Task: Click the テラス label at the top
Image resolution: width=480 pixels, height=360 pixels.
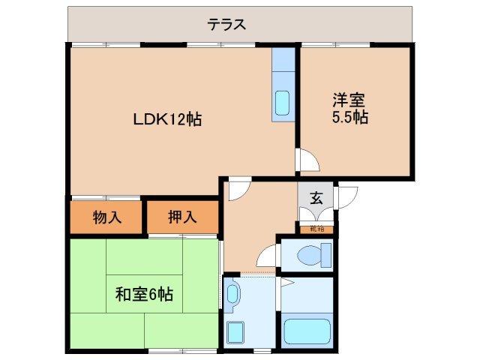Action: tap(226, 25)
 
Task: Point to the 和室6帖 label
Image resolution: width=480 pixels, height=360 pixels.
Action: tap(144, 295)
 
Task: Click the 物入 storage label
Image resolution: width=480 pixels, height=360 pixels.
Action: tap(106, 217)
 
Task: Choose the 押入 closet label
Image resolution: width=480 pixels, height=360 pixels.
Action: tap(182, 217)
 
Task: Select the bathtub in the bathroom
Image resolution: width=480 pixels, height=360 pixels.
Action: tap(305, 331)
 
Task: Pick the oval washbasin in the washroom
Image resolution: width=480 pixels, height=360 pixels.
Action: tap(232, 295)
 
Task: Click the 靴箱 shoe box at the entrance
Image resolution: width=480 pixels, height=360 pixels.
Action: tap(316, 228)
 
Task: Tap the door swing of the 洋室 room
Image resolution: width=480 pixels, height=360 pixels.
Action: tap(308, 160)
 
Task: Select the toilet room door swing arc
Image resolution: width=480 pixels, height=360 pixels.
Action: tap(267, 259)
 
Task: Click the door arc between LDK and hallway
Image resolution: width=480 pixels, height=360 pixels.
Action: tap(238, 189)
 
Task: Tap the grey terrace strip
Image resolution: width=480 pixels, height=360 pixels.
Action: tap(112, 25)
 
